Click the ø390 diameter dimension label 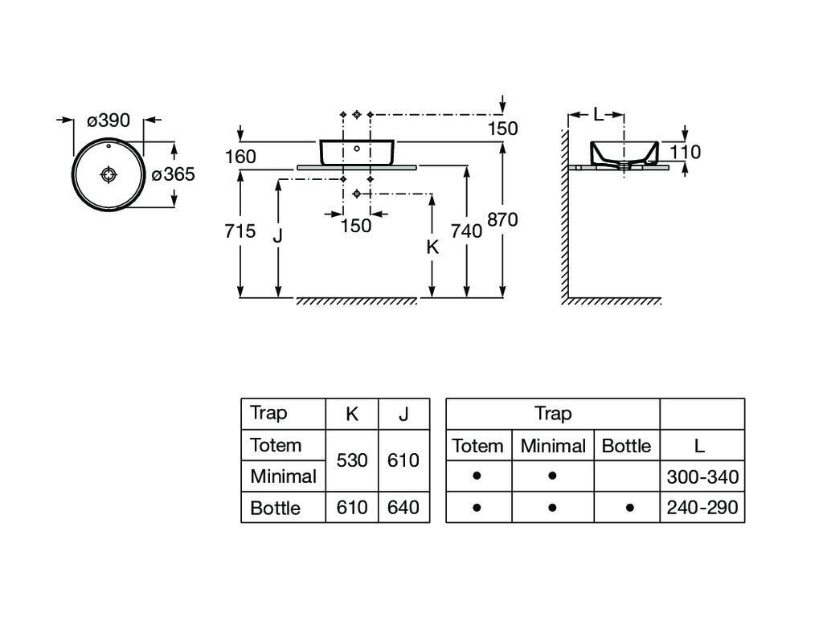click(x=109, y=121)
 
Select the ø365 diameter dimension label click(x=174, y=174)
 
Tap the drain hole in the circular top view click(x=109, y=174)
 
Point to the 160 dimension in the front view click(x=240, y=157)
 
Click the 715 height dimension click(x=240, y=231)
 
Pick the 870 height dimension click(x=502, y=219)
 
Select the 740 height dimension click(x=466, y=231)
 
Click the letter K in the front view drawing click(x=432, y=247)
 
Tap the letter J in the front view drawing click(x=278, y=236)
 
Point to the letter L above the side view click(x=597, y=115)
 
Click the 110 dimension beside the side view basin click(x=685, y=152)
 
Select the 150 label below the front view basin click(x=356, y=226)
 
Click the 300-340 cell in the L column click(x=702, y=477)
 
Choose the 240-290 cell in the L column click(x=702, y=508)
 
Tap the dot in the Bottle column click(x=629, y=508)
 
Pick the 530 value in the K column click(x=352, y=460)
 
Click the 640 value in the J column click(x=403, y=508)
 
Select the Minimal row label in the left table click(x=283, y=476)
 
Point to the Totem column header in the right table click(x=478, y=446)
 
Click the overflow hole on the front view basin click(x=357, y=149)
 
